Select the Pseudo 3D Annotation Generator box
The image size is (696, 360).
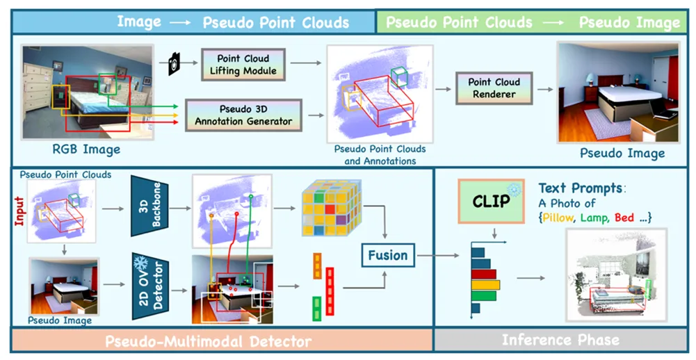point(243,115)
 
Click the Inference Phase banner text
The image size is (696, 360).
point(560,341)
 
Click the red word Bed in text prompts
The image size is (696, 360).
point(624,218)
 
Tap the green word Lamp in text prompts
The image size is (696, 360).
point(596,218)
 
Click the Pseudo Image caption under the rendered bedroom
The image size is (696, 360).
point(622,153)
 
